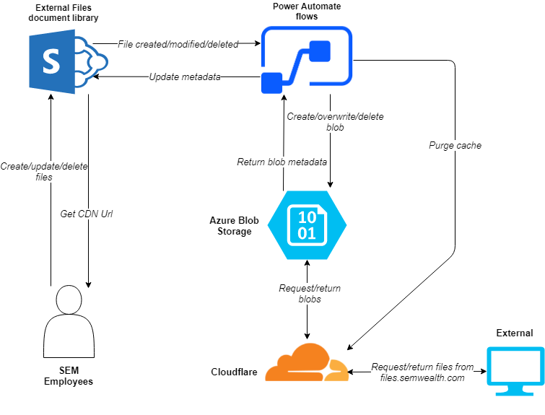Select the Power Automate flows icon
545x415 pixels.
pos(306,61)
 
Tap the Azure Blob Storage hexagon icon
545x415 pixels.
pos(307,224)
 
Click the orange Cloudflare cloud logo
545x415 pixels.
pos(306,362)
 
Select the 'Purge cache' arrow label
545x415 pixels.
pos(454,145)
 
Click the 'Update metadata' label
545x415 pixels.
pos(185,77)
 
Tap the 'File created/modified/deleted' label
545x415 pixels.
pos(178,44)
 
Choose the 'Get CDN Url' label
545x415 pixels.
pos(87,214)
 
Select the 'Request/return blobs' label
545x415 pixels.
pos(309,293)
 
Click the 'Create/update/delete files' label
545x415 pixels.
pos(45,171)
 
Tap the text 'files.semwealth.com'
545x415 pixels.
pos(422,377)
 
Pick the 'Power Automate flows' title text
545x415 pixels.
pos(307,11)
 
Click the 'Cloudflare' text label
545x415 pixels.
pos(234,372)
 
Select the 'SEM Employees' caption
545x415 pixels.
pos(69,375)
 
